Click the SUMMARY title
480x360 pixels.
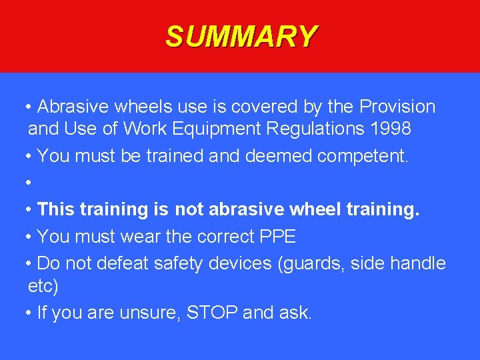pyautogui.click(x=241, y=37)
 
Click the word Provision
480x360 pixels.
pyautogui.click(x=397, y=107)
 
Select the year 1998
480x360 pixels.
pyautogui.click(x=390, y=129)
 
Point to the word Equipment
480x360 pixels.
pyautogui.click(x=217, y=129)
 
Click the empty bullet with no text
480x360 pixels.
pyautogui.click(x=29, y=183)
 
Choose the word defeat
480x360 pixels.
pyautogui.click(x=123, y=263)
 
